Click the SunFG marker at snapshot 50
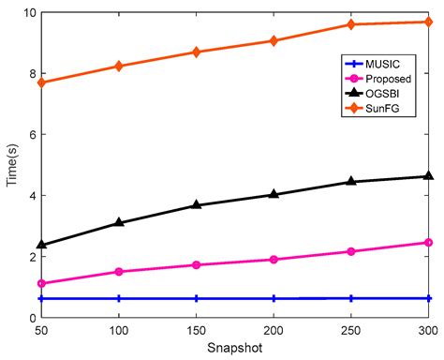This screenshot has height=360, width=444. click(x=41, y=82)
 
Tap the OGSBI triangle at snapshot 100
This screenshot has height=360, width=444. click(x=119, y=222)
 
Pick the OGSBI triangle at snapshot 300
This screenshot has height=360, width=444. click(x=428, y=175)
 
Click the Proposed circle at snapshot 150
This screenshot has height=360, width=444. click(x=197, y=264)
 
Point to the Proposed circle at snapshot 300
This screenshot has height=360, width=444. click(x=428, y=243)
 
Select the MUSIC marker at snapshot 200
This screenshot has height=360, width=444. click(x=274, y=298)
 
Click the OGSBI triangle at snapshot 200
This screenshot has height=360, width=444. click(x=274, y=194)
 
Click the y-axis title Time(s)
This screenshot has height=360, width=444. click(x=10, y=165)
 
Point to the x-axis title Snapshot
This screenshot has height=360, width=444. click(x=235, y=349)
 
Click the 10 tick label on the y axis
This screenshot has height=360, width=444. click(x=27, y=13)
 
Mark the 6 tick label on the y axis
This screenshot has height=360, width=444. click(x=31, y=134)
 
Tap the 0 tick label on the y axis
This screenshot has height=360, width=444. click(x=31, y=317)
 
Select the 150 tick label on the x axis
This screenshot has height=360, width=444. click(x=197, y=331)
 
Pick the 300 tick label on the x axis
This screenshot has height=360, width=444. click(x=428, y=331)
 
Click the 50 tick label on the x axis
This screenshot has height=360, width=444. click(x=41, y=331)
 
